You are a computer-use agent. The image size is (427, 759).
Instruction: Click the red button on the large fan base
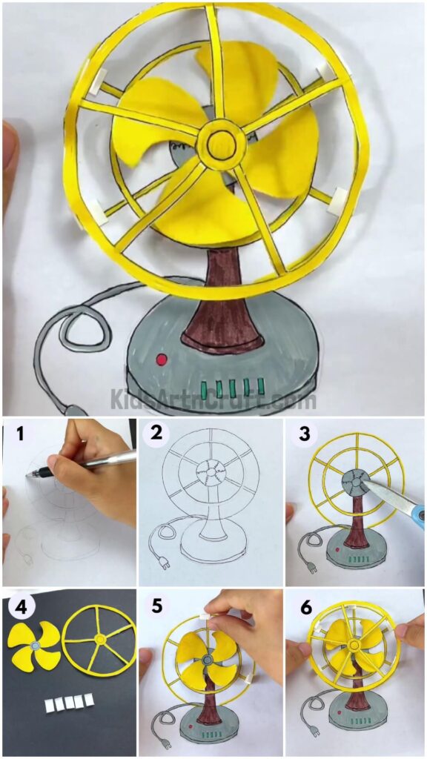point(161,359)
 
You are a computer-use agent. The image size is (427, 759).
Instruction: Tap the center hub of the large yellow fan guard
point(219,146)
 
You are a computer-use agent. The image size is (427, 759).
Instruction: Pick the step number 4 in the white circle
point(20,606)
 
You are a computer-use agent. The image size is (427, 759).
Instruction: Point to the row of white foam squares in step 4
point(70,700)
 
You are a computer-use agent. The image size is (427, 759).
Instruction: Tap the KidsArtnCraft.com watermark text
point(213,400)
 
